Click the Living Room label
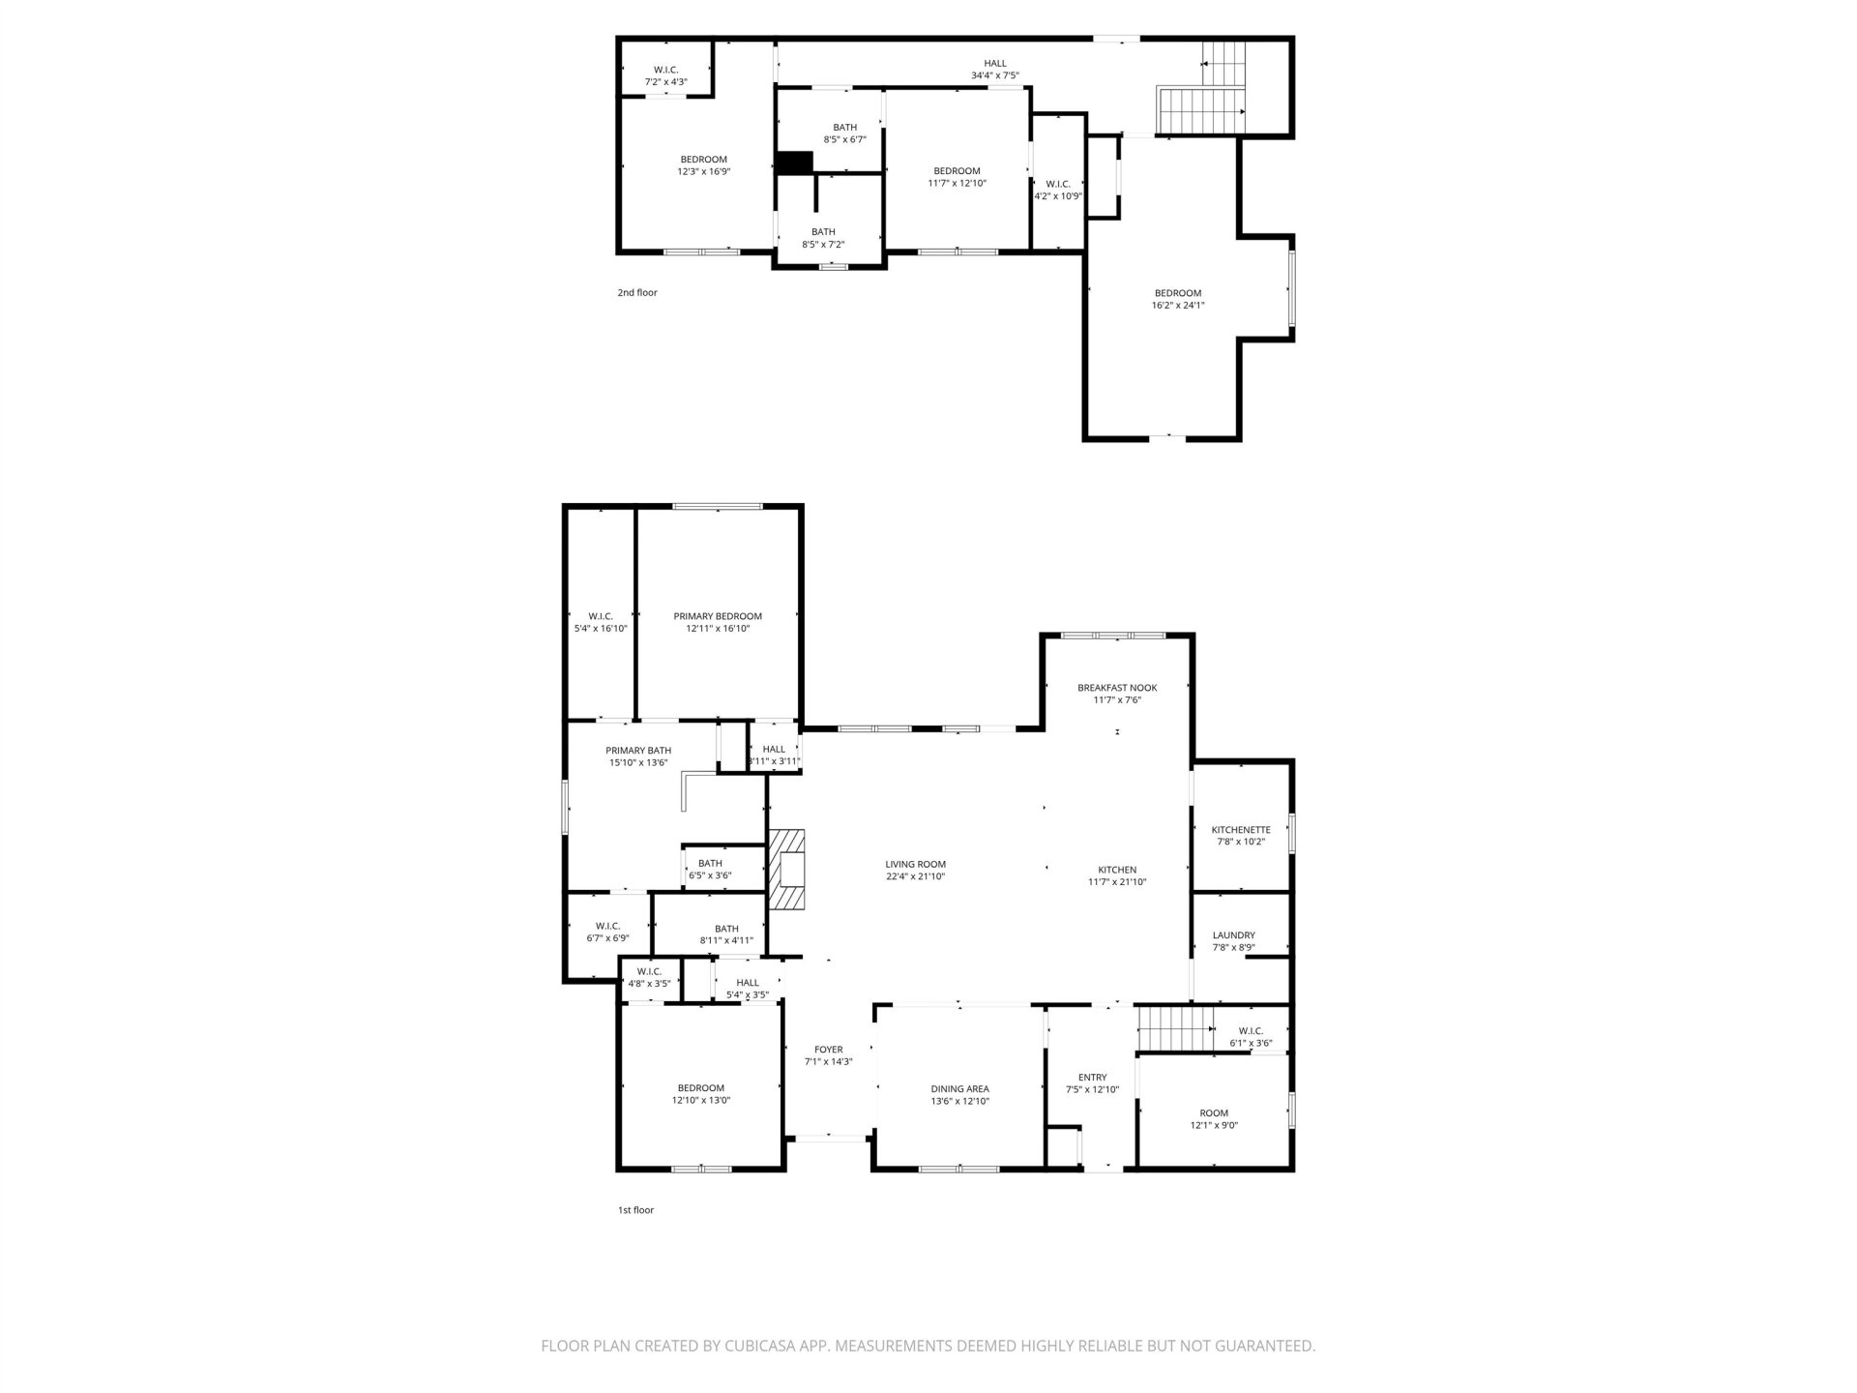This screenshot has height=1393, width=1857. tap(915, 864)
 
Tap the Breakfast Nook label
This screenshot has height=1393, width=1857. tap(1117, 688)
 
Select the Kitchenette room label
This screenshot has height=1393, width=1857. tap(1241, 830)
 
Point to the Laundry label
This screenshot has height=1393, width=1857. tap(1234, 935)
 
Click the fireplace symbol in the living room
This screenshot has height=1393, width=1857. tap(787, 869)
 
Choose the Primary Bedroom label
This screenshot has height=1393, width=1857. tap(718, 616)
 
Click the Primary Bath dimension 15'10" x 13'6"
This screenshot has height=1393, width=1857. tap(638, 762)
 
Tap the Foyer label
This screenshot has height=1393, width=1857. tap(829, 1049)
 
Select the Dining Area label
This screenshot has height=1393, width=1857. tap(959, 1088)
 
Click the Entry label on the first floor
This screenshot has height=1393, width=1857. tap(1092, 1078)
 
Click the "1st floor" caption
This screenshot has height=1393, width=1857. tap(635, 1210)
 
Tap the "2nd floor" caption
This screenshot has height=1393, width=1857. tap(637, 292)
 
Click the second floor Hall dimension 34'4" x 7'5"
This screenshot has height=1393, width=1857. tap(995, 75)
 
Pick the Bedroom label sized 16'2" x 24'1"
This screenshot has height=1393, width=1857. tap(1178, 293)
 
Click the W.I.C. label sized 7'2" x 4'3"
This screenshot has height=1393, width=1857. tap(665, 70)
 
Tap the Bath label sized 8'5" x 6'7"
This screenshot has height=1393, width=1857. tap(845, 127)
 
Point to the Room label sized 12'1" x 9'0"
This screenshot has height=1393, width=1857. tap(1214, 1113)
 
